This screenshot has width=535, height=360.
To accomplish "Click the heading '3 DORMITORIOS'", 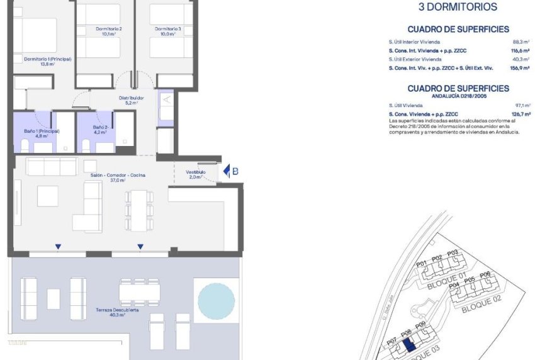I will tap(458, 8).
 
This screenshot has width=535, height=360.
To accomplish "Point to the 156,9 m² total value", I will tap(519, 67).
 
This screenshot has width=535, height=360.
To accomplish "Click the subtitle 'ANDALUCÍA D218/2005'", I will tap(458, 96).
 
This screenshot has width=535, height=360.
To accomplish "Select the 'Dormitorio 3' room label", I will tap(168, 29).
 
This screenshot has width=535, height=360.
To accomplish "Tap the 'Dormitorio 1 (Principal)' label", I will tap(48, 59).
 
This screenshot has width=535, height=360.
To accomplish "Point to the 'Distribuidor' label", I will tap(132, 98).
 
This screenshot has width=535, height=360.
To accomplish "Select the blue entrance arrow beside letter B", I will tap(227, 171).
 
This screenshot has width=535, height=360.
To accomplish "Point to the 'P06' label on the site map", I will tap(485, 276).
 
